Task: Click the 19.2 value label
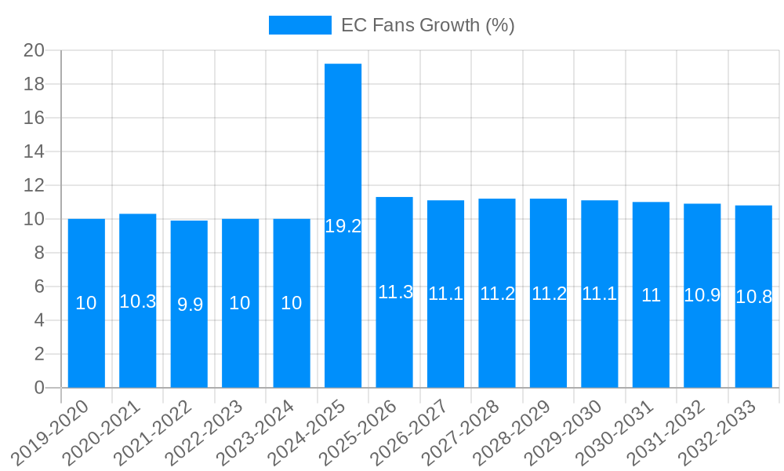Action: click(x=343, y=226)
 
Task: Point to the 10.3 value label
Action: click(x=138, y=301)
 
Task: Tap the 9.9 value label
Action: click(x=190, y=305)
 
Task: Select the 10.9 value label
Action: click(x=702, y=295)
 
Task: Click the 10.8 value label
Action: click(x=753, y=297)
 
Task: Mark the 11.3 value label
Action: click(x=395, y=292)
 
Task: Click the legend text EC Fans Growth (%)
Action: click(x=427, y=25)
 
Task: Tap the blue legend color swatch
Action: click(x=299, y=25)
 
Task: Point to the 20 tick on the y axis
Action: click(x=34, y=50)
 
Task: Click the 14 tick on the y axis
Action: click(x=34, y=152)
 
